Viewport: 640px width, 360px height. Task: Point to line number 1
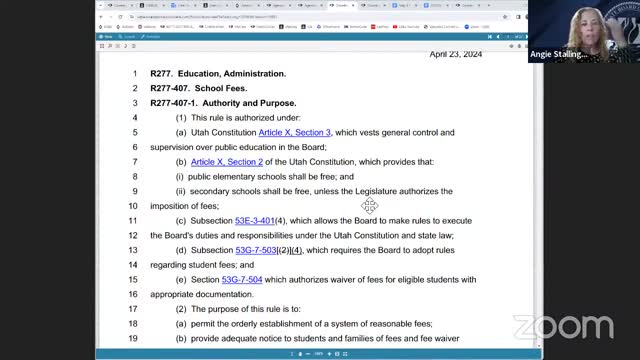click(134, 74)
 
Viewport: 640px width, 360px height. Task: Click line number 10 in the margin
click(131, 206)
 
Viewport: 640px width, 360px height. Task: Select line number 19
click(131, 338)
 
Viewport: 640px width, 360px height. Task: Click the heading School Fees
click(220, 88)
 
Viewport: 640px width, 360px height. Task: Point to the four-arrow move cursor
click(369, 205)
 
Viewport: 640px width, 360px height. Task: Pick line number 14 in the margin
click(131, 264)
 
